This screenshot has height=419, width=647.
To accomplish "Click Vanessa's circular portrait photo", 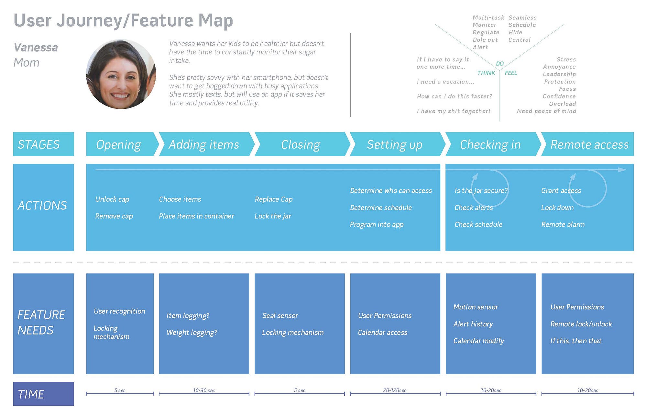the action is click(121, 74).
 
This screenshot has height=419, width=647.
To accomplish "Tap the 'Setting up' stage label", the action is click(395, 145).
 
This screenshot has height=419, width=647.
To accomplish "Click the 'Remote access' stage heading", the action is click(589, 144).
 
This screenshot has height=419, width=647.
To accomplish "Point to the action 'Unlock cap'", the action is click(112, 199).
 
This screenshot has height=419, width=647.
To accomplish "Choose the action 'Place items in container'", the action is click(196, 216).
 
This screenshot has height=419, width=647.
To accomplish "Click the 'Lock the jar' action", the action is click(273, 216).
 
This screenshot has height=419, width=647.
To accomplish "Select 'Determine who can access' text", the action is click(391, 191).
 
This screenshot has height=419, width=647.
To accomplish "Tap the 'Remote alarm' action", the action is click(563, 224).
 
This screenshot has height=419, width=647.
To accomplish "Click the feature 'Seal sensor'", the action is click(280, 315).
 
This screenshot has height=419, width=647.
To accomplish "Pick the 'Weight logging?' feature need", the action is click(192, 333).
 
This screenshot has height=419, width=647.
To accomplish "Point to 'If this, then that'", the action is click(576, 341).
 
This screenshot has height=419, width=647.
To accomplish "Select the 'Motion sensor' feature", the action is click(476, 307).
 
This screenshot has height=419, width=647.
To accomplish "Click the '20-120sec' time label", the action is click(395, 391).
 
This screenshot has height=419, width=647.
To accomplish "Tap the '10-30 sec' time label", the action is click(204, 391).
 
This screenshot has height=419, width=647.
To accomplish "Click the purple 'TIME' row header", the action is click(43, 394).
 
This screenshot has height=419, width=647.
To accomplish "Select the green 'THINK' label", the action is click(486, 73).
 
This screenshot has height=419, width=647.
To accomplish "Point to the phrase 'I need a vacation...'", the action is click(445, 82).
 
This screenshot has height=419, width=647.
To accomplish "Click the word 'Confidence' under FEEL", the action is click(559, 96).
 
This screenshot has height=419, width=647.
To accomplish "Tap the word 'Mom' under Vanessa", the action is click(27, 62).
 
